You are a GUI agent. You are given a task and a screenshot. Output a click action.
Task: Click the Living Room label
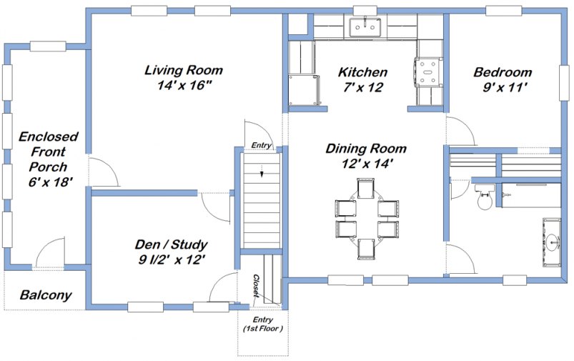pos(184,71)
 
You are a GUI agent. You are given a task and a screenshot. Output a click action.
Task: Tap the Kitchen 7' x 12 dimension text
pos(362,87)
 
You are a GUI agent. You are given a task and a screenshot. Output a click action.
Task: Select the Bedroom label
pos(503,72)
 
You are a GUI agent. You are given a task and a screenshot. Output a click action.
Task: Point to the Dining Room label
pos(365,149)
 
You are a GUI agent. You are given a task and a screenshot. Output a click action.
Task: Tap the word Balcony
pos(45,295)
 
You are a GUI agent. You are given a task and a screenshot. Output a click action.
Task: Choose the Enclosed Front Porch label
pos(48,152)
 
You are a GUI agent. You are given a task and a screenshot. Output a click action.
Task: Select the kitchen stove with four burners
pos(430,69)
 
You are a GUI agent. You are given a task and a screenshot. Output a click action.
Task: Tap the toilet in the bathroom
pos(483,199)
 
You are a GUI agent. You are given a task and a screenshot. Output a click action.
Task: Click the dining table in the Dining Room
pos(366,219)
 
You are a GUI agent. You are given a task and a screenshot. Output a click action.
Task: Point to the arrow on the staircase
pos(262,170)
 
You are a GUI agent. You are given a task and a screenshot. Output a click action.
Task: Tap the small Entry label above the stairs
pos(262,146)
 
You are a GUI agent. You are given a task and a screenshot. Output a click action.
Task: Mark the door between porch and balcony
pos(50,254)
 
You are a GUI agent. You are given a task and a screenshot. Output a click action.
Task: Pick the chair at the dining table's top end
pos(365,189)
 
